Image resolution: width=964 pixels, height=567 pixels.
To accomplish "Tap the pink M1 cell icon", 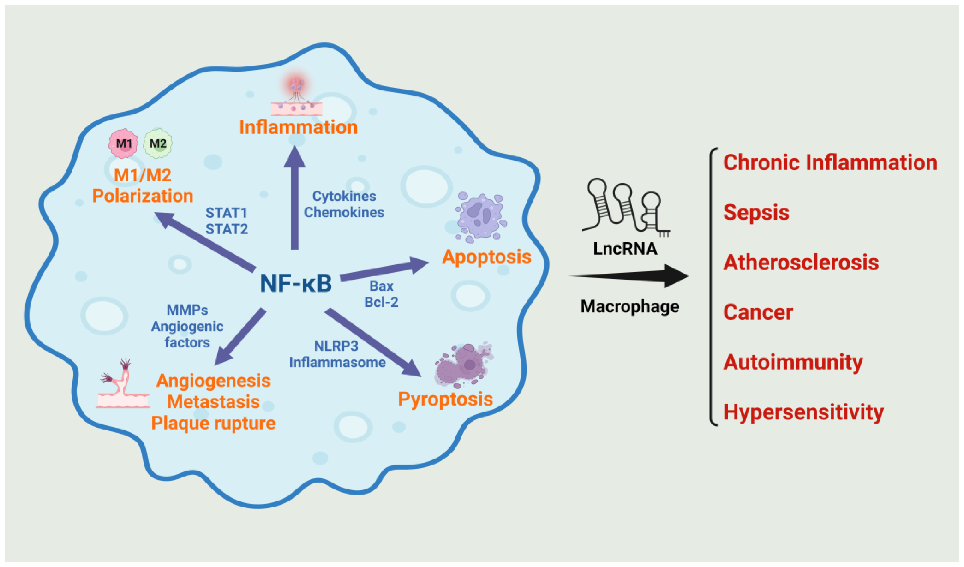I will tap(123, 144).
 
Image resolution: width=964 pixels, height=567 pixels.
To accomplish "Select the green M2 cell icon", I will tap(158, 144).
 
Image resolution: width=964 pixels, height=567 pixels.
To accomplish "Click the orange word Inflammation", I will tap(298, 127).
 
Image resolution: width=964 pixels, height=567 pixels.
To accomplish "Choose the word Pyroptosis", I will tap(445, 399).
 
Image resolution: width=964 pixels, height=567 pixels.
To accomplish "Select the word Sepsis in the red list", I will tap(756, 212).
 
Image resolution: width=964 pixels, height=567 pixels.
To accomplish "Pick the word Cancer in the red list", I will tap(758, 312).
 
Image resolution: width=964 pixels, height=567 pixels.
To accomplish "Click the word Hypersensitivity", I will tap(803, 412).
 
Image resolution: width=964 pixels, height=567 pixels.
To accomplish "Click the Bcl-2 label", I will tap(381, 302).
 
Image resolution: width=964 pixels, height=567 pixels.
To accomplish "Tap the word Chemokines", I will tap(344, 212).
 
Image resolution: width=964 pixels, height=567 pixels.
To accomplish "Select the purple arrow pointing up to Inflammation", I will tap(295, 199).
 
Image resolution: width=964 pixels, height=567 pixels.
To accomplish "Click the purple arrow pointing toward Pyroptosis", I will tap(373, 343).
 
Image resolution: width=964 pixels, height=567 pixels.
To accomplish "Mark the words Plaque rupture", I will tap(213, 423).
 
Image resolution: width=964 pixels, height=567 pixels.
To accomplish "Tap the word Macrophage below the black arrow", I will tap(630, 306).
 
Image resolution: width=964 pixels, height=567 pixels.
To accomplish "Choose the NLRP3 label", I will tap(336, 346).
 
